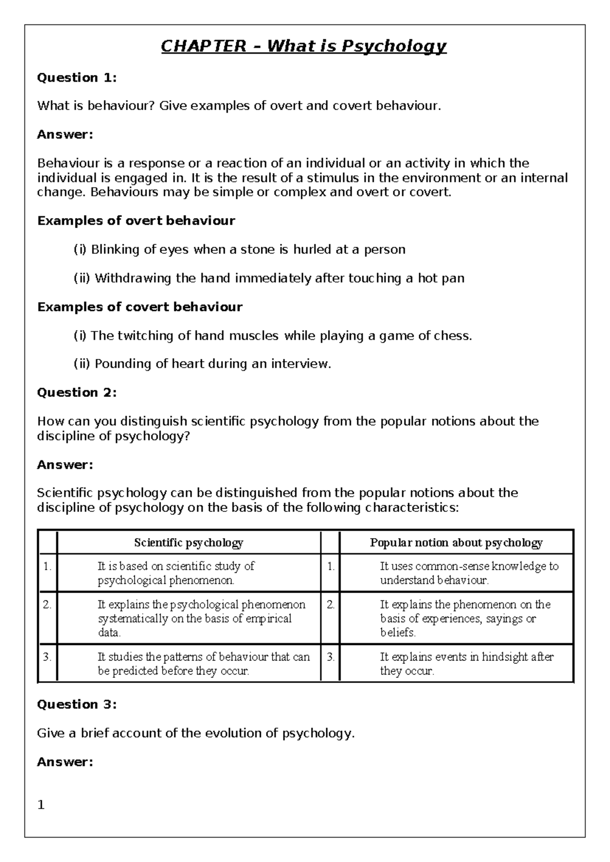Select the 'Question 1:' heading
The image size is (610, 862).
coord(77,78)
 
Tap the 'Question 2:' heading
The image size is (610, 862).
coord(77,392)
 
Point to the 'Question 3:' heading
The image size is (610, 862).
coord(77,704)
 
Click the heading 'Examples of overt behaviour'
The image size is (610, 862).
coord(136,221)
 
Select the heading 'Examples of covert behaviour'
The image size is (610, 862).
coord(140,307)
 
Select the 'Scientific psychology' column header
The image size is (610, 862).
coord(189,543)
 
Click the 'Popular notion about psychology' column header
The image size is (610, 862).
coord(456,543)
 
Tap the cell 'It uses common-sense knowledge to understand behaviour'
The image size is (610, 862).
coord(469,573)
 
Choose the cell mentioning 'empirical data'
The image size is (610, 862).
coord(202,619)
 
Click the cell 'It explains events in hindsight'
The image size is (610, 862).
coord(466,664)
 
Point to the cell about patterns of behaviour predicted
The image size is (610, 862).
coord(203,664)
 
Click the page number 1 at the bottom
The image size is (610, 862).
coord(41,805)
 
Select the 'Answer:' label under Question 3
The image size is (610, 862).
coord(65,762)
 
